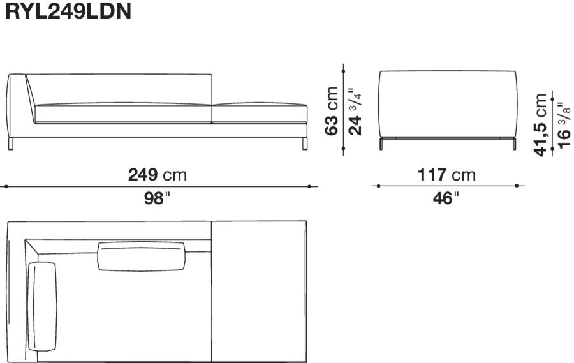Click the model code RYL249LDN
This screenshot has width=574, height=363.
[x=68, y=12]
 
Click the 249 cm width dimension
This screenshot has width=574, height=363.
[x=158, y=174]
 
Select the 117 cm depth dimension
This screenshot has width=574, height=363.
[x=447, y=174]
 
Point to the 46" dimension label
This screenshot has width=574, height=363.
[x=446, y=198]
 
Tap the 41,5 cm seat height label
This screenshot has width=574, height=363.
[x=541, y=124]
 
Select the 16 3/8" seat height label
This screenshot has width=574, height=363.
[x=563, y=124]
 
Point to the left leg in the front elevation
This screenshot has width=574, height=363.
[x=11, y=144]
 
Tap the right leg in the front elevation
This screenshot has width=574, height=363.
[x=304, y=144]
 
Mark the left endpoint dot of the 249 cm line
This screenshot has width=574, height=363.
[x=6, y=187]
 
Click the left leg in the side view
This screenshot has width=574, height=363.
[x=381, y=145]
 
